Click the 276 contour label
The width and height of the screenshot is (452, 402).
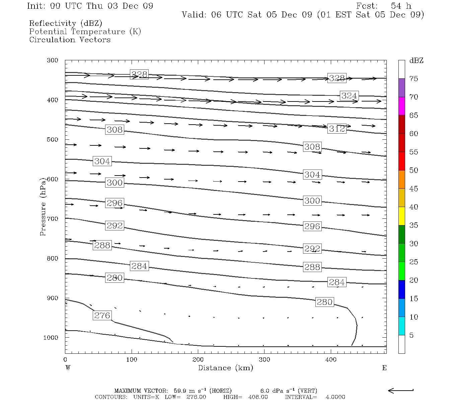(x=102, y=316)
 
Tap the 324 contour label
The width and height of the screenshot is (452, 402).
(x=349, y=96)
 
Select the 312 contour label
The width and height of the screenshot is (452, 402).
(x=337, y=129)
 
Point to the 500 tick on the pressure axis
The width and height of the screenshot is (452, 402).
(x=53, y=140)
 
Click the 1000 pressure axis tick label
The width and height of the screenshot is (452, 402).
(x=51, y=338)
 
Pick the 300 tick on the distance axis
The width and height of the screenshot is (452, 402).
(x=265, y=359)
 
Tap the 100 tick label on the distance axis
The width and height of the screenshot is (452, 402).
(x=132, y=359)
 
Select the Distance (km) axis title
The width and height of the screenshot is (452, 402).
(x=225, y=368)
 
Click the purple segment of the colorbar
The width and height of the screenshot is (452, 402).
(x=401, y=88)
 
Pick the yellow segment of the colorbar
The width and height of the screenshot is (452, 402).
(x=401, y=216)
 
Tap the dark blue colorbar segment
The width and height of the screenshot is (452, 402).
(x=401, y=289)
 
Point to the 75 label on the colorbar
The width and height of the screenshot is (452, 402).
(x=413, y=79)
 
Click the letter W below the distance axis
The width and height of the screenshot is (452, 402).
(x=68, y=368)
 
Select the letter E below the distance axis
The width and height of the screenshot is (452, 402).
(x=384, y=368)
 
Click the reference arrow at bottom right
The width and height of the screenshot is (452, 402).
(x=400, y=390)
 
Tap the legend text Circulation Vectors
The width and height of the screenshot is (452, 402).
(x=70, y=40)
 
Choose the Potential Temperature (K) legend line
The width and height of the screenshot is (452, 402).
(x=85, y=32)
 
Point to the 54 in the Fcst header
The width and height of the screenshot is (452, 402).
(x=396, y=6)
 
